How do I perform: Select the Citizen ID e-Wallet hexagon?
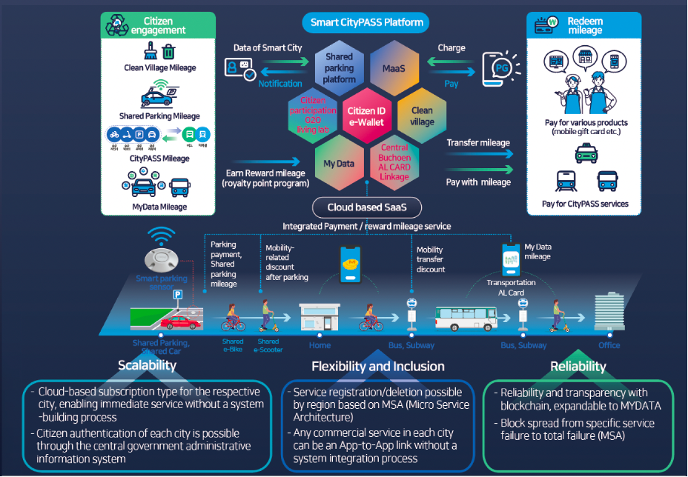pyautogui.click(x=366, y=116)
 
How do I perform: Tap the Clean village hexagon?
pyautogui.click(x=421, y=116)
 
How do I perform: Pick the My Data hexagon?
pyautogui.click(x=339, y=163)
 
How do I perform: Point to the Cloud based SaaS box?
pyautogui.click(x=366, y=208)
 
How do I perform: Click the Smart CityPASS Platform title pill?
pyautogui.click(x=366, y=22)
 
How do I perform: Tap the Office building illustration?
pyautogui.click(x=610, y=315)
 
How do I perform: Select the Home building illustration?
pyautogui.click(x=320, y=317)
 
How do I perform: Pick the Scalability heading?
pyautogui.click(x=147, y=365)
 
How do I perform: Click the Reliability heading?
pyautogui.click(x=578, y=366)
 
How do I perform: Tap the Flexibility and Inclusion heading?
pyautogui.click(x=377, y=366)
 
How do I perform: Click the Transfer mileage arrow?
pyautogui.click(x=479, y=154)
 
